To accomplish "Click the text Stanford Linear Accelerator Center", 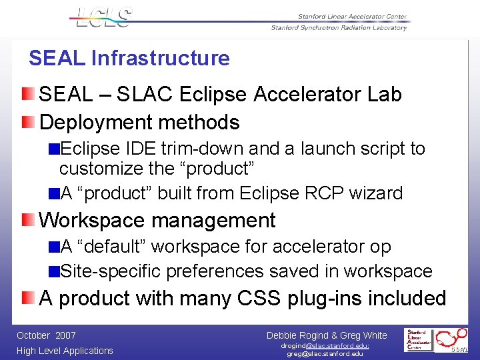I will (351, 17).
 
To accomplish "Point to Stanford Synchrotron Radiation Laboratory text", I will (338, 28).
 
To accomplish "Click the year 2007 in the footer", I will (66, 336).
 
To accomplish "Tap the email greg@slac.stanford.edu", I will (325, 354).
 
